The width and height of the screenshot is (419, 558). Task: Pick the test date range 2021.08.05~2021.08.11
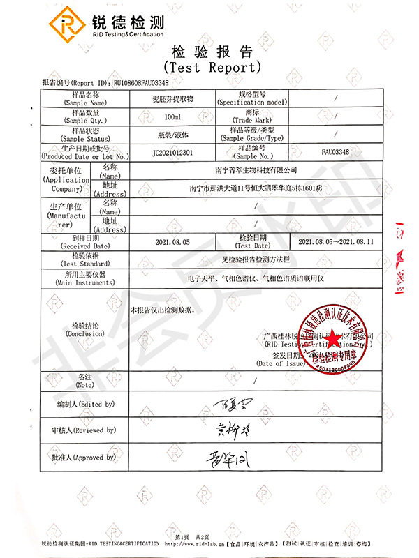tap(336, 241)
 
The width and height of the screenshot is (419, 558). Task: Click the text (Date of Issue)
tap(279, 363)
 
